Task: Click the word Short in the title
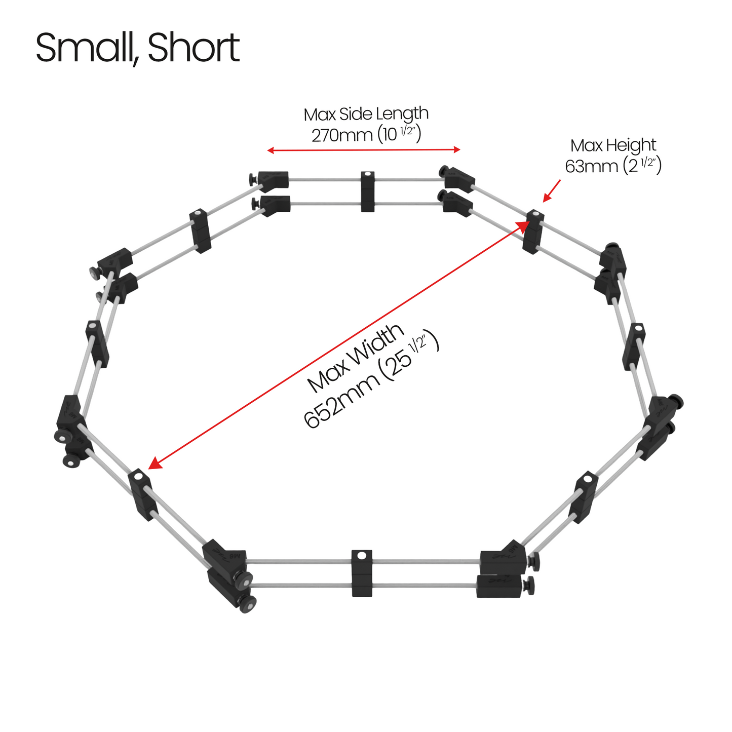tap(194, 48)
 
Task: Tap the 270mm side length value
tap(341, 135)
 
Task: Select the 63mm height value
tap(593, 166)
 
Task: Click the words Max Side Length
tap(366, 114)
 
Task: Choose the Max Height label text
tap(613, 145)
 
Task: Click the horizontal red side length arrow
tap(364, 150)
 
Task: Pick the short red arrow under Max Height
tap(552, 190)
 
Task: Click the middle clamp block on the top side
tap(367, 191)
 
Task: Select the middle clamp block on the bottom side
tap(362, 573)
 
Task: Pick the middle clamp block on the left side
tap(97, 344)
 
